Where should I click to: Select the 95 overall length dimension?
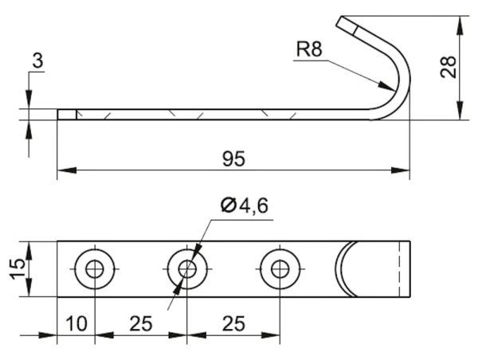(233, 159)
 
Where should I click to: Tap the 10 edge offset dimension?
(76, 324)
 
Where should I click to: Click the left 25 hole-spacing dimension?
(140, 324)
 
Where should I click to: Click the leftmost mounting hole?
(95, 269)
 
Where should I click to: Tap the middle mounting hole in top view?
(186, 269)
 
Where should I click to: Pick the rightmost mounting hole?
(278, 269)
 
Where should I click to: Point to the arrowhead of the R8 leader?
(390, 88)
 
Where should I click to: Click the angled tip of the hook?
(347, 23)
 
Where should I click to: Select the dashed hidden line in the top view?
(395, 269)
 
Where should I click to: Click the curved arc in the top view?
(340, 269)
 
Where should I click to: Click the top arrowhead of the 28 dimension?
(460, 20)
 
